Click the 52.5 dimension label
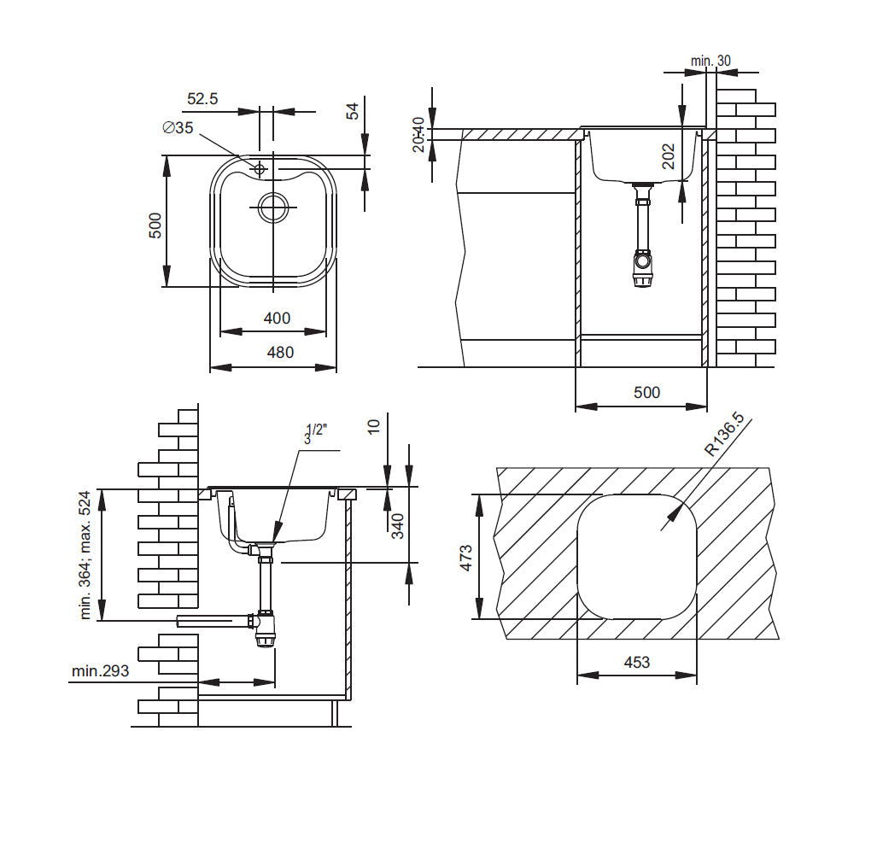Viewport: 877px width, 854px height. click(x=202, y=99)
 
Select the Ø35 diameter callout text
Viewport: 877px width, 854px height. click(x=178, y=128)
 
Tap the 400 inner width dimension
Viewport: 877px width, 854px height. click(x=276, y=319)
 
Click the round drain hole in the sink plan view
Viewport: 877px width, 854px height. click(x=273, y=208)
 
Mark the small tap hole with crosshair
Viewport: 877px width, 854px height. click(x=260, y=169)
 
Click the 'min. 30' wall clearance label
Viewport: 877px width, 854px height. click(x=711, y=61)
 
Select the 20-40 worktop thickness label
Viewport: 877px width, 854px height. click(x=418, y=134)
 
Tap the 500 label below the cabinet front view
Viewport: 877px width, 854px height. click(x=646, y=392)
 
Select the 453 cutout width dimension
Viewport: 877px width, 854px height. click(x=636, y=662)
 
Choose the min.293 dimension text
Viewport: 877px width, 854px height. click(x=101, y=671)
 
